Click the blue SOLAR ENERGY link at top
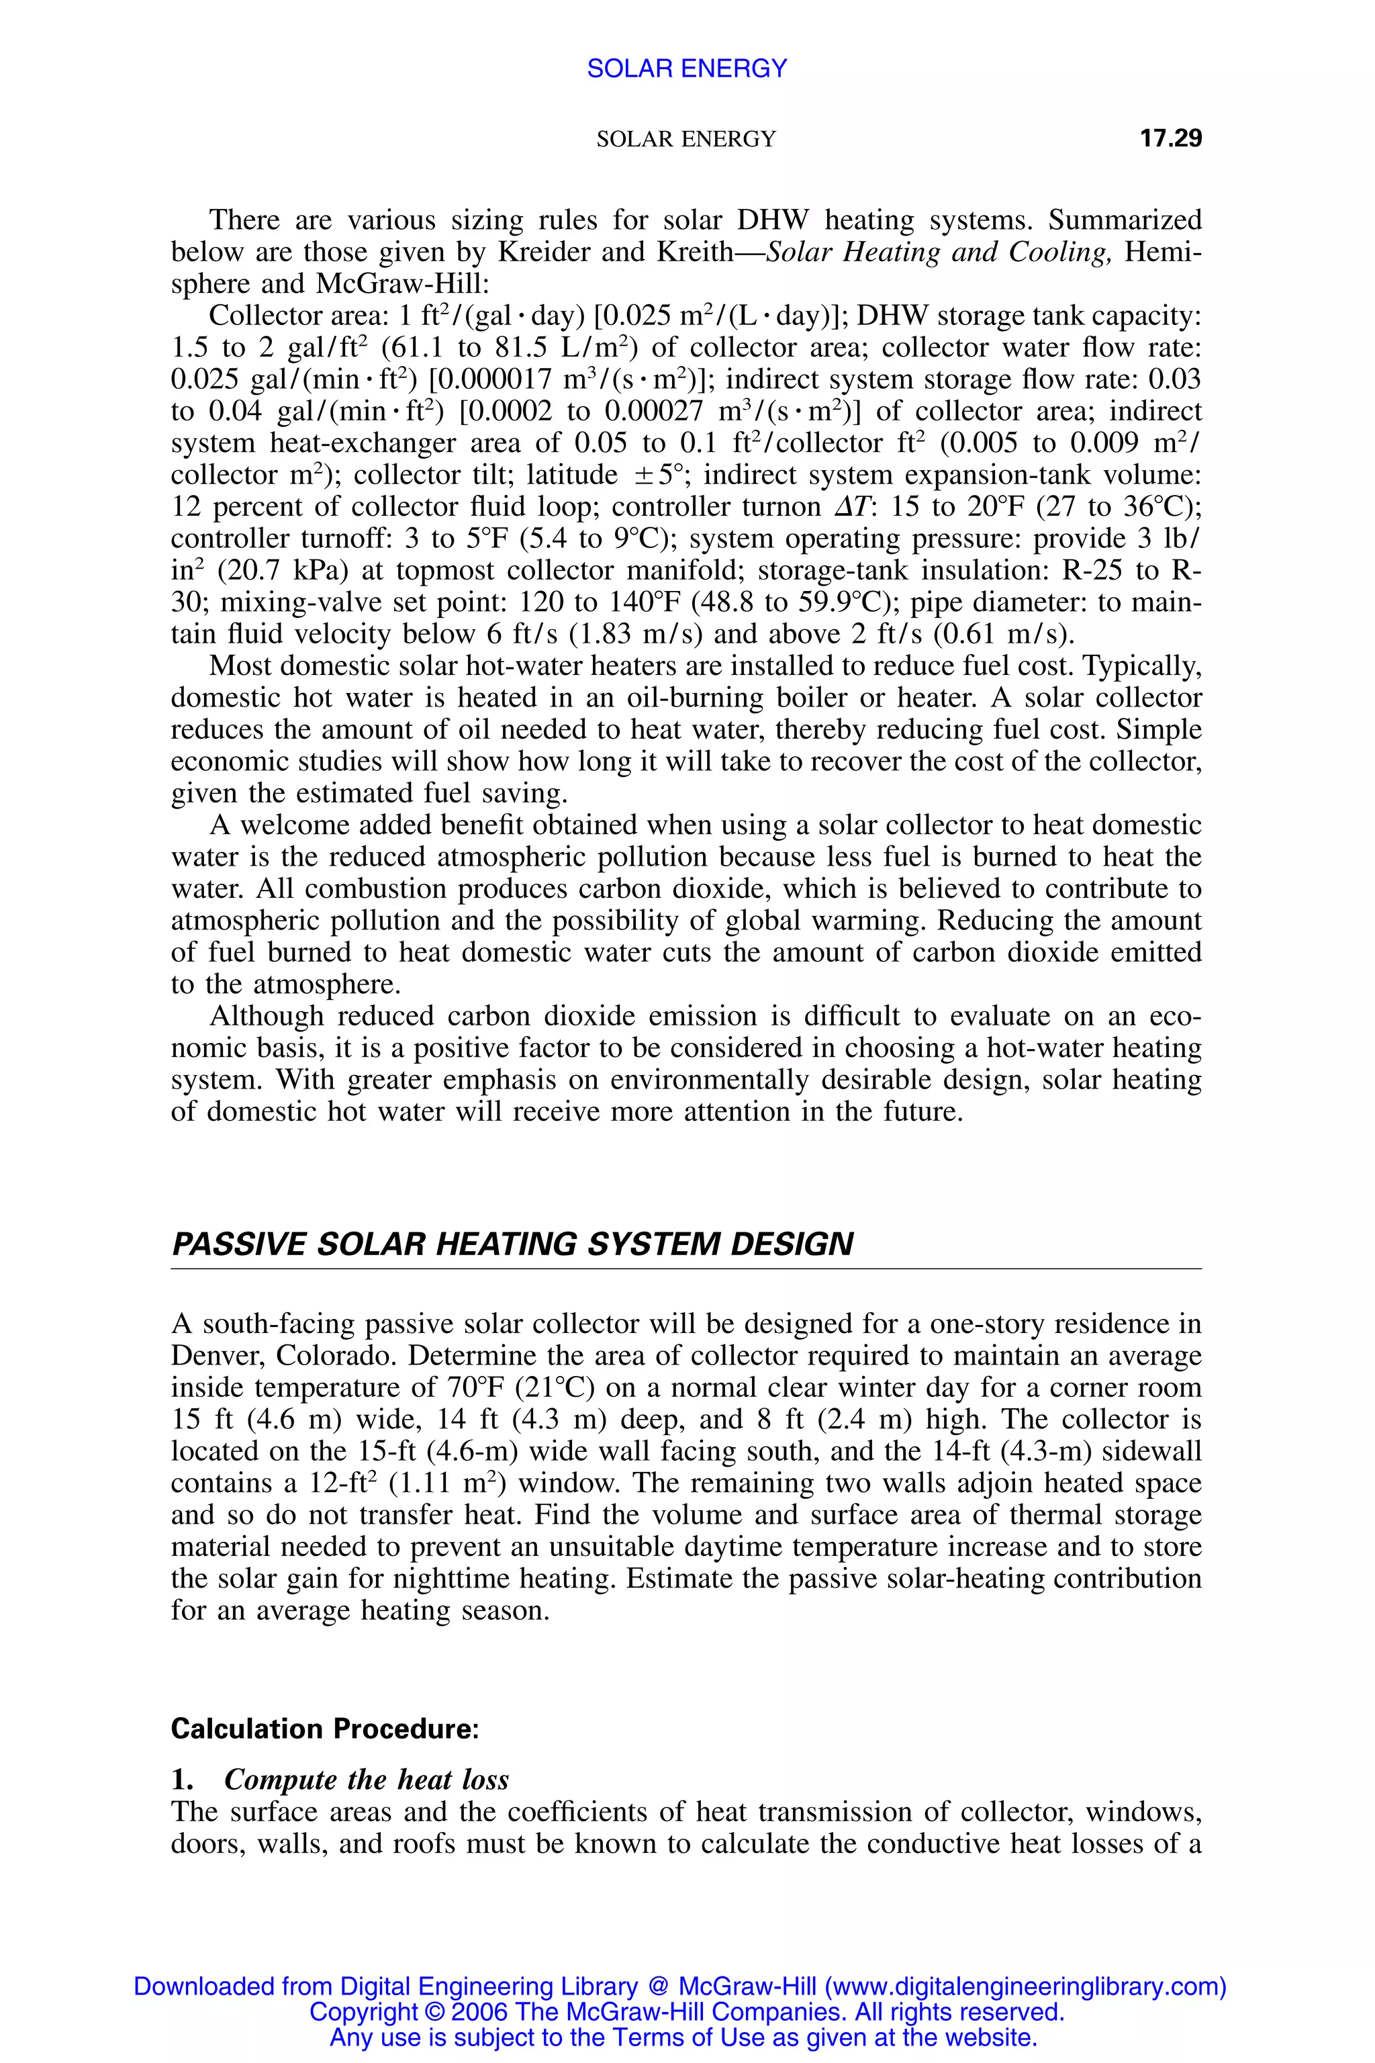point(687,68)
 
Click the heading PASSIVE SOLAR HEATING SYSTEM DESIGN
point(512,1244)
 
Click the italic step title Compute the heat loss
point(367,1780)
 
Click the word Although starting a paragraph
point(267,1017)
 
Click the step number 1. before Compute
point(183,1780)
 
